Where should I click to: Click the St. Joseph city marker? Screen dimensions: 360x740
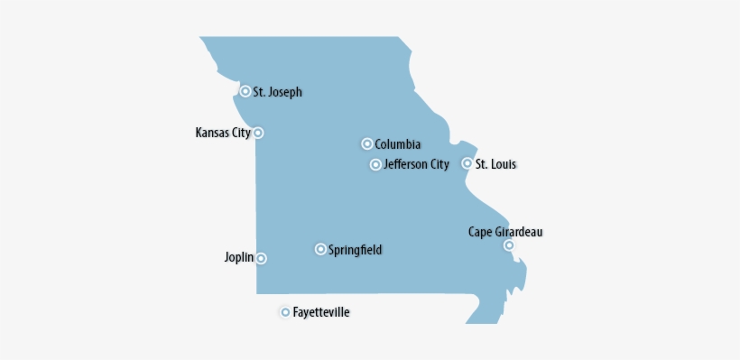pos(245,91)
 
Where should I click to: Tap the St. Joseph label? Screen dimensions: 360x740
pos(277,91)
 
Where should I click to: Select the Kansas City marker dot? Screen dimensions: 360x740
pos(258,133)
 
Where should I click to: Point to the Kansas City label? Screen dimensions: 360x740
pos(223,133)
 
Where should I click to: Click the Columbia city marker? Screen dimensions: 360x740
pos(367,143)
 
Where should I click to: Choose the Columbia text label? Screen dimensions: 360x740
pos(397,144)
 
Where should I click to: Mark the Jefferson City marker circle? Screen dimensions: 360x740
pos(375,164)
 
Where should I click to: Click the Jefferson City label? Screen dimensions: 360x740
pos(416,164)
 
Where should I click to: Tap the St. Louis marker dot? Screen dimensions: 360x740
pos(467,163)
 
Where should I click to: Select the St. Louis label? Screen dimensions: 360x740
pos(495,164)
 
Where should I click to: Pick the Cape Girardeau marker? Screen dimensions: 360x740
pos(509,245)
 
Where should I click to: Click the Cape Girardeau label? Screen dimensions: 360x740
pos(505,232)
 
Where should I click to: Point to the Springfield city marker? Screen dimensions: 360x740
pos(320,249)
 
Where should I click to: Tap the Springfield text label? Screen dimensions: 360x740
pos(355,249)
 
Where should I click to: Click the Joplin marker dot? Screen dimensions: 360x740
pos(261,258)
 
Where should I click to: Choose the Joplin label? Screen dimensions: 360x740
pos(239,257)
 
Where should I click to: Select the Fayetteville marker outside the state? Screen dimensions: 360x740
pos(285,312)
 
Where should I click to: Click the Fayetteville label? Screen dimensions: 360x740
pos(321,312)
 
